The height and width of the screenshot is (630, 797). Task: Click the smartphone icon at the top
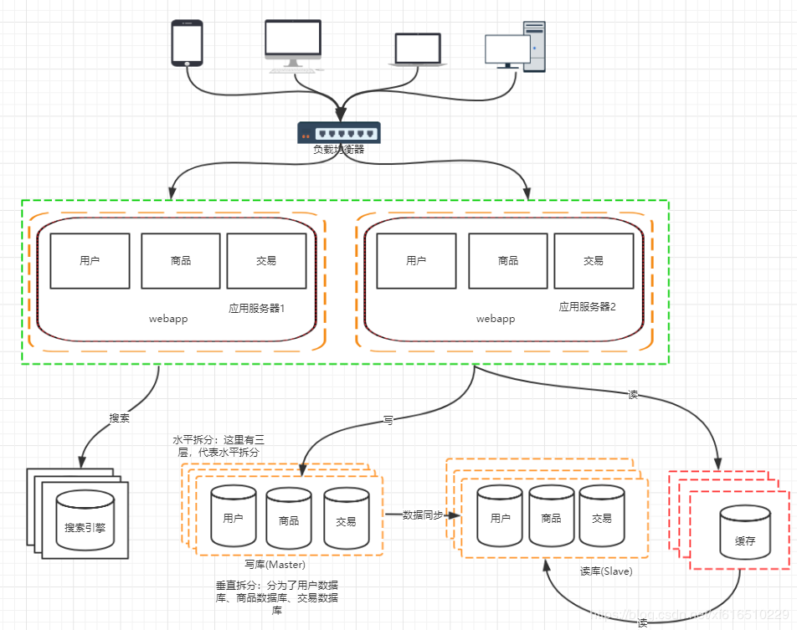[x=187, y=43]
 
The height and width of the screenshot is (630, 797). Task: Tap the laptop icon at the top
[x=417, y=50]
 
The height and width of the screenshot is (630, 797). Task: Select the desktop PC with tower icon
[x=515, y=47]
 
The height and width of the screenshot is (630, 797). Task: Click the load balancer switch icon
[x=338, y=132]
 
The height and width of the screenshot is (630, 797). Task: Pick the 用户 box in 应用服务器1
[x=90, y=261]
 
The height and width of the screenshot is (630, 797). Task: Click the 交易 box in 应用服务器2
[x=594, y=261]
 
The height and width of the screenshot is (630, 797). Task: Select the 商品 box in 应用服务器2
[x=508, y=261]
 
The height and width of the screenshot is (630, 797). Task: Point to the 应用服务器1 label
[x=257, y=309]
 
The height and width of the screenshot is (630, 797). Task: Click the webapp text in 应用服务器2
[x=496, y=319]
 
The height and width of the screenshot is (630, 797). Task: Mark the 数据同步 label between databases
[x=423, y=515]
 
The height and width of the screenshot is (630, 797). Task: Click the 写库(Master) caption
[x=275, y=565]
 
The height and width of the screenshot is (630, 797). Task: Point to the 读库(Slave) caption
[x=606, y=571]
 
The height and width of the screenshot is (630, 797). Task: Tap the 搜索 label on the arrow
[x=120, y=418]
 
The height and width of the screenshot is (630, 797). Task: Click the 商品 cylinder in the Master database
[x=289, y=519]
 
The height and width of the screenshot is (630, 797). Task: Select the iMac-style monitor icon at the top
[x=292, y=46]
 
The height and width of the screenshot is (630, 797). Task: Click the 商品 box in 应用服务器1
[x=181, y=261]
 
